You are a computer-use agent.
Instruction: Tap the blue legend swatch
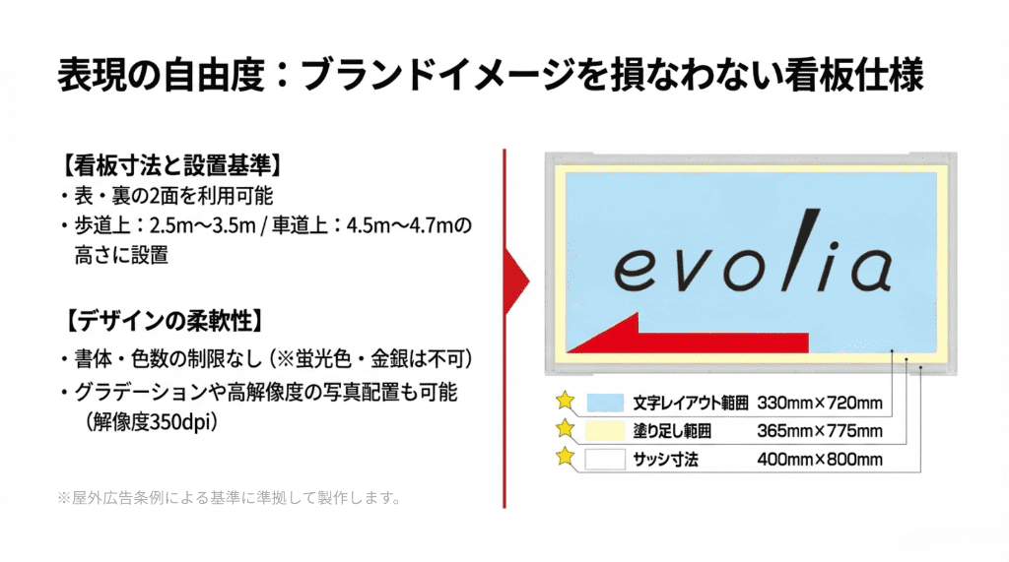[x=605, y=403]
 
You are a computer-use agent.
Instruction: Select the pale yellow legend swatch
[x=605, y=430]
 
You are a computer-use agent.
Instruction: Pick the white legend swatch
[x=605, y=459]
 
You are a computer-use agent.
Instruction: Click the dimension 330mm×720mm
[x=819, y=403]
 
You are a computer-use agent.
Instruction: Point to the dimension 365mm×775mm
[x=819, y=431]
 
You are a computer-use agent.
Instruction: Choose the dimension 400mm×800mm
[x=819, y=459]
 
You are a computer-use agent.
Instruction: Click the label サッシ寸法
[x=665, y=459]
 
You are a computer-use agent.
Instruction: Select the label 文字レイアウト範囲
[x=691, y=403]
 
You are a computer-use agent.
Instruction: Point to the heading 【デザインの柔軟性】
[x=162, y=320]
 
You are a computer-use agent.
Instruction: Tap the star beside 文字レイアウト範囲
[x=565, y=401]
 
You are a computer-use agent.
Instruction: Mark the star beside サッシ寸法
[x=565, y=457]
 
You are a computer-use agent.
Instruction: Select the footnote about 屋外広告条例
[x=230, y=497]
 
